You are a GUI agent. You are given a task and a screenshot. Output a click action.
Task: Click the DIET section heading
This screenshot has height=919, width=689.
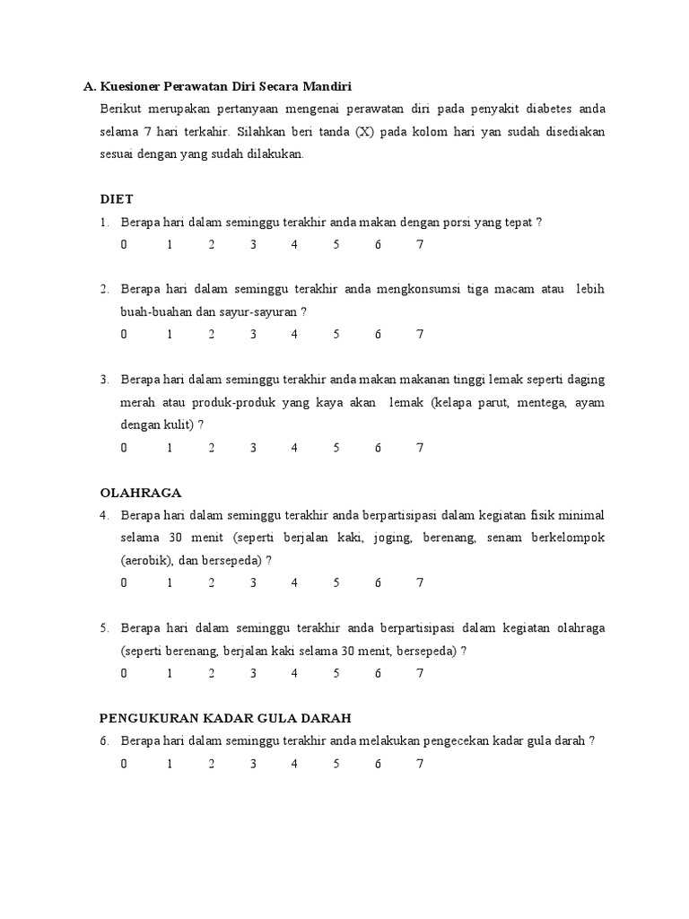coord(116,199)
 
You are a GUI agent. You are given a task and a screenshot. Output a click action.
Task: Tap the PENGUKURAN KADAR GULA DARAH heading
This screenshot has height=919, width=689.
coord(224,718)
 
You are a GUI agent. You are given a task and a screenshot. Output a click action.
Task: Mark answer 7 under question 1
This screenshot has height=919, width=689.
coord(420,244)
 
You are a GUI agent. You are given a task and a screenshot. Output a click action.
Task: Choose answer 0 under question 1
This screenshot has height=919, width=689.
coord(124,244)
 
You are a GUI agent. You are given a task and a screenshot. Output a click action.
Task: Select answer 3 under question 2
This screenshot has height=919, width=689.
coord(254,335)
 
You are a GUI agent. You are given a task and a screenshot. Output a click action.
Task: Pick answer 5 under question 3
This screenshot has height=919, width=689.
coord(336,447)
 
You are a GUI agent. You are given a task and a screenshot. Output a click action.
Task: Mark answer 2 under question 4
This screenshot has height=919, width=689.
coord(212,582)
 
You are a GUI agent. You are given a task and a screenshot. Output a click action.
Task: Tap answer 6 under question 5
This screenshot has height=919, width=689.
coord(379,673)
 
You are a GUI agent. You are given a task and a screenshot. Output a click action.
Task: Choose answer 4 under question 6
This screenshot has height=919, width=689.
coord(294,764)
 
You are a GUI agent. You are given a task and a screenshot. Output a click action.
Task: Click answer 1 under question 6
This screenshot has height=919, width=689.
coord(169,764)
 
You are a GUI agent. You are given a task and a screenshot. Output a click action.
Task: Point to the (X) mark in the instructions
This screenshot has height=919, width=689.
coord(362,132)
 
